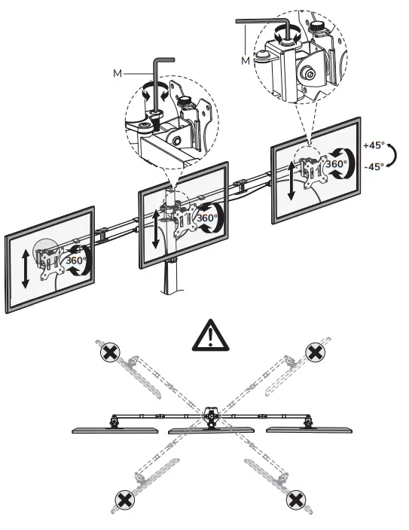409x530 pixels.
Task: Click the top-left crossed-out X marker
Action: [111, 351]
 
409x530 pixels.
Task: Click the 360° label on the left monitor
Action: [75, 260]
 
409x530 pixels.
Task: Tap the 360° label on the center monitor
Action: [206, 218]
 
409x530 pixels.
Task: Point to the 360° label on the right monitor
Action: [335, 163]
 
